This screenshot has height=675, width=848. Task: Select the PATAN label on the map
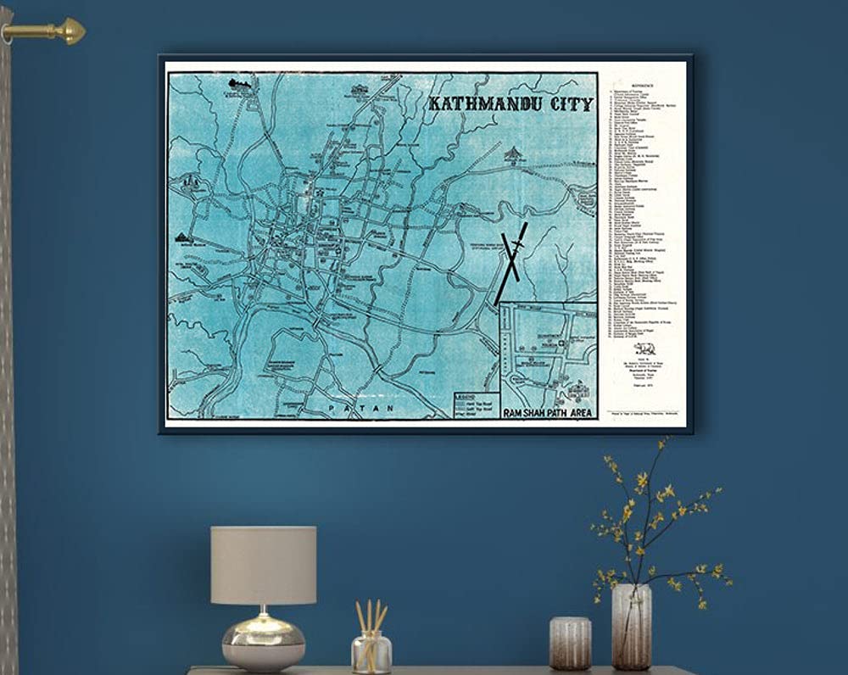point(366,408)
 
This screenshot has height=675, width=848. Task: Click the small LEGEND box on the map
point(476,404)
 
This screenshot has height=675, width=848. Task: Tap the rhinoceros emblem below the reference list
point(644,348)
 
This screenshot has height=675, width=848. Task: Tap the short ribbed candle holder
point(570,644)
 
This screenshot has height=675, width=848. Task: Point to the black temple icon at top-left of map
point(240,84)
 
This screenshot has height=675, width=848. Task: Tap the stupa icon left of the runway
point(513,154)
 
